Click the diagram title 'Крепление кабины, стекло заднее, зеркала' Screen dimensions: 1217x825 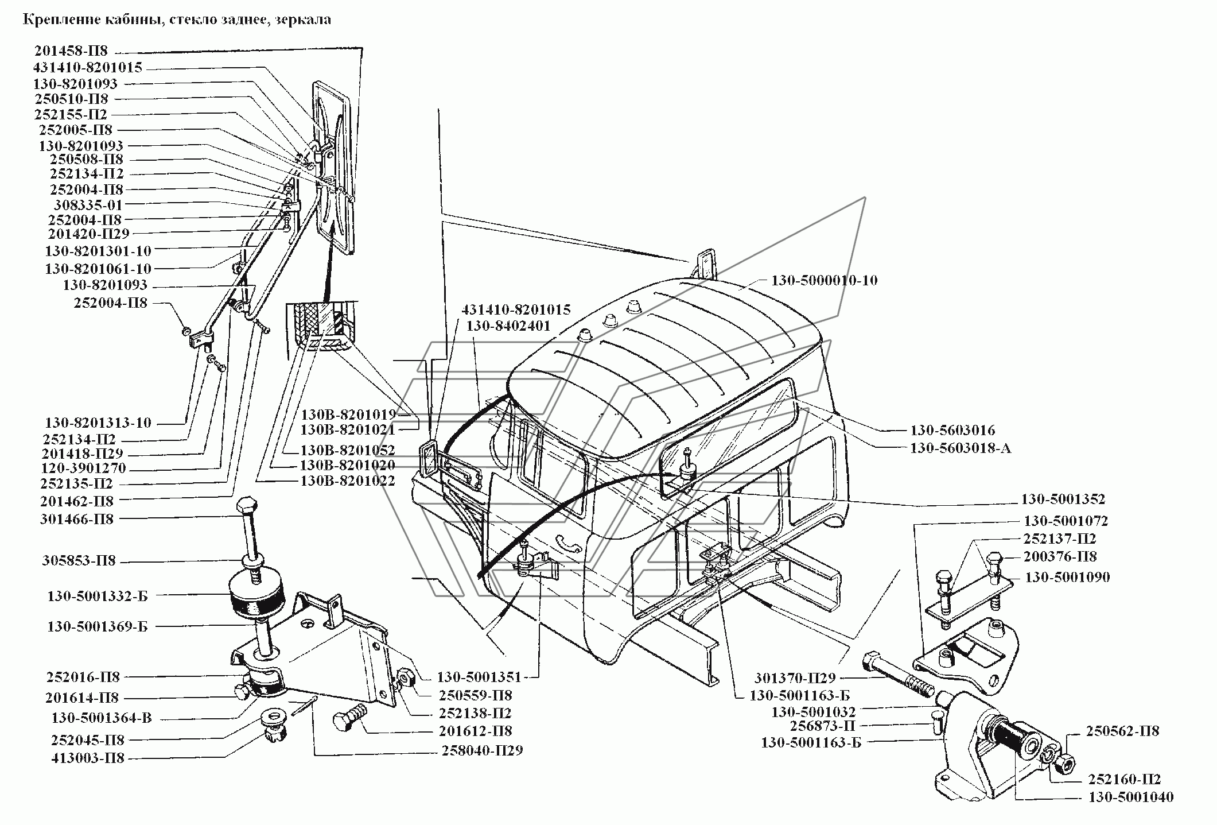click(177, 20)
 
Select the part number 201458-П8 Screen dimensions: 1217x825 click(71, 51)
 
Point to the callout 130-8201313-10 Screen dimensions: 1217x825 click(98, 423)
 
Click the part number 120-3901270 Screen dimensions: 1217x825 click(83, 468)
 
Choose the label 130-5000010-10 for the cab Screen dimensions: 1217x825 click(824, 281)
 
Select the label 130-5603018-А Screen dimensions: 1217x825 click(960, 448)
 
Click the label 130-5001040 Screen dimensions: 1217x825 click(1131, 797)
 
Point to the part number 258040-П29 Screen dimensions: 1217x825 click(482, 750)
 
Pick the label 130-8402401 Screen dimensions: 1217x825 click(508, 326)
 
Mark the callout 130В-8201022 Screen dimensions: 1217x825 click(348, 481)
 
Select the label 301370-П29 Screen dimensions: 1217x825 click(795, 677)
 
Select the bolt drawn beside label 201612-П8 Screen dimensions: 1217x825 click(350, 718)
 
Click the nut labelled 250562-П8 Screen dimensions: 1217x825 click(1067, 762)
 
